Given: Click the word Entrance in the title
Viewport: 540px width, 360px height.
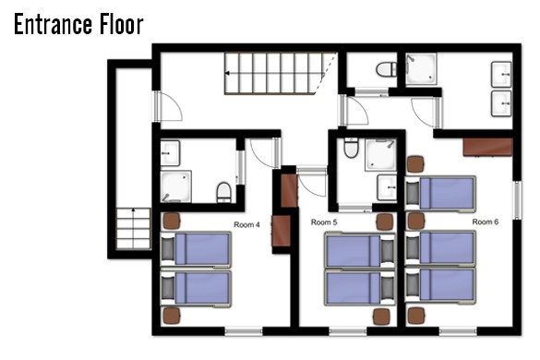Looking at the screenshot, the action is click(53, 24).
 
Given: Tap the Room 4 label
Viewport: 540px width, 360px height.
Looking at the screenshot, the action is click(246, 225).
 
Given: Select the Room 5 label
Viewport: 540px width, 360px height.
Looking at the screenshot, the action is click(324, 222).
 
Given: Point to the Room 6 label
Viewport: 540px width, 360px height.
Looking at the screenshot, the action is click(485, 222).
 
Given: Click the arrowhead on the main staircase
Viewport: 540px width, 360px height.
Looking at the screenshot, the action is click(227, 73).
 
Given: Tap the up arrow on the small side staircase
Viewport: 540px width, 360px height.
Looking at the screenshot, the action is click(133, 210).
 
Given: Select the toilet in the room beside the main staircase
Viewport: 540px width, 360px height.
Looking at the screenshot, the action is click(386, 69).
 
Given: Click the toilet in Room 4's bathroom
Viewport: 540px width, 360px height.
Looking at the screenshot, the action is click(223, 193).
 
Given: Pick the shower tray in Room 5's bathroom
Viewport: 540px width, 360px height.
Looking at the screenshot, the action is click(380, 155).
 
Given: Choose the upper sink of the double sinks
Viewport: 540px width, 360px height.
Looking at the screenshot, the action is click(501, 75).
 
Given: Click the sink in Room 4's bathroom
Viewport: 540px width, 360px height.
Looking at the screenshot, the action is click(170, 153).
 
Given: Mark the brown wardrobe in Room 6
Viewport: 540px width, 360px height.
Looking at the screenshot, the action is click(487, 147).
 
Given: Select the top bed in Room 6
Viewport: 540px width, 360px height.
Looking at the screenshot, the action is click(440, 193).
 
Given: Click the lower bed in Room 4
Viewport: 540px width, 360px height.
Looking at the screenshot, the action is click(196, 289).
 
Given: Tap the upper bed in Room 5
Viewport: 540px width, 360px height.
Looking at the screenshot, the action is click(360, 250).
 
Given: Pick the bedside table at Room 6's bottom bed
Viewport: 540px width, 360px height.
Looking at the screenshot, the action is click(416, 316).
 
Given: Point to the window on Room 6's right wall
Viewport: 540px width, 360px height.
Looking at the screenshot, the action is click(517, 200).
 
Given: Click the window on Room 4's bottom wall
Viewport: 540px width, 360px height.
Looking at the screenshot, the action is click(244, 331).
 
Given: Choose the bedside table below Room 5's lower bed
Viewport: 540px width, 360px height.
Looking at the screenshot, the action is click(381, 317).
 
